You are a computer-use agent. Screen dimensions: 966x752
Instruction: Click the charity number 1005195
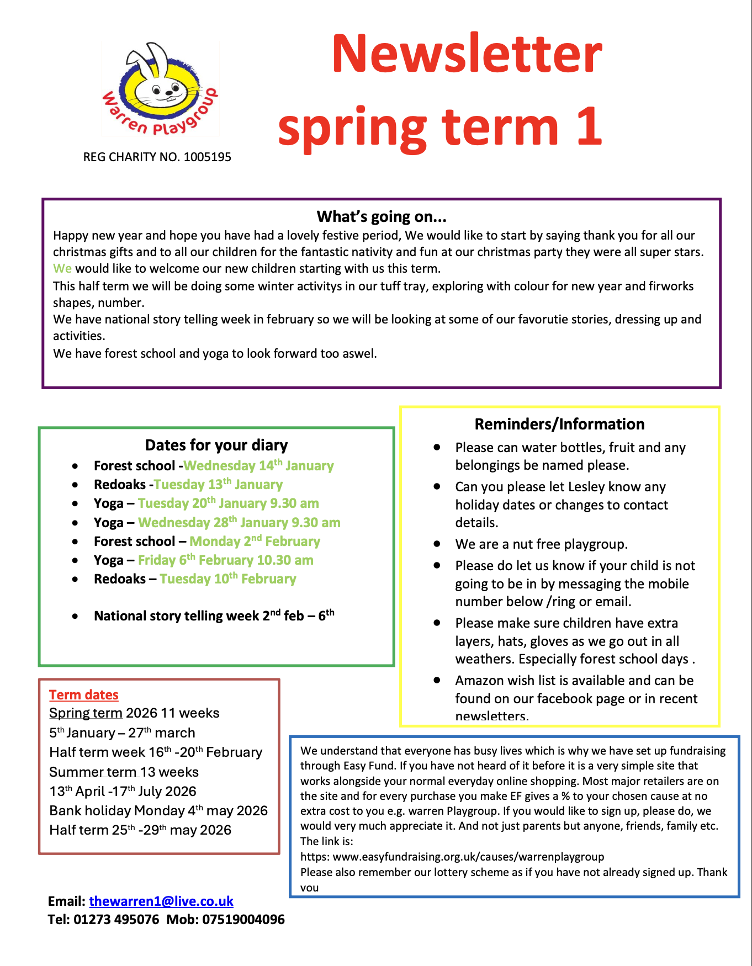[207, 157]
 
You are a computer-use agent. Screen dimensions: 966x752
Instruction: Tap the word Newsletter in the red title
[467, 54]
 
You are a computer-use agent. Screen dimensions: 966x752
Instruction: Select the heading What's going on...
[382, 216]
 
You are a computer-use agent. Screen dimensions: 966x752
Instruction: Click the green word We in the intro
[62, 269]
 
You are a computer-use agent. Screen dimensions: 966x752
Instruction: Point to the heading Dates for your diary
[216, 445]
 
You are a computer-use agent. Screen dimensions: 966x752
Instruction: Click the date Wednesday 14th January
[258, 466]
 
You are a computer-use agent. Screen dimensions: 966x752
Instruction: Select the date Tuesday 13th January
[218, 485]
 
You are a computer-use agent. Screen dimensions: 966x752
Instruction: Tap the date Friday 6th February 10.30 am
[225, 560]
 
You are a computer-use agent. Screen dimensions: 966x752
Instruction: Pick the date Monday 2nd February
[255, 542]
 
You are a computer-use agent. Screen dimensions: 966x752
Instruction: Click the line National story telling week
[214, 616]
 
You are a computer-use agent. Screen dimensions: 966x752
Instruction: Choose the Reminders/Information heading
[559, 424]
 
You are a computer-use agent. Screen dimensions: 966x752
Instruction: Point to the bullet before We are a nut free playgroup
[437, 544]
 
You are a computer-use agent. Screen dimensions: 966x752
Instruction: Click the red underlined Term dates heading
[84, 695]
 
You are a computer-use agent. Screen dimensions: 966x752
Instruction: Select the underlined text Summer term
[92, 772]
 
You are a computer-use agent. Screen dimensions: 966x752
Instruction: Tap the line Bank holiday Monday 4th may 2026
[158, 810]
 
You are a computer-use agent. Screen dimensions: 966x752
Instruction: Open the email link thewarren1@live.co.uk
[161, 901]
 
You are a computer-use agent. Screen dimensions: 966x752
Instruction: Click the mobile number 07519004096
[243, 920]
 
